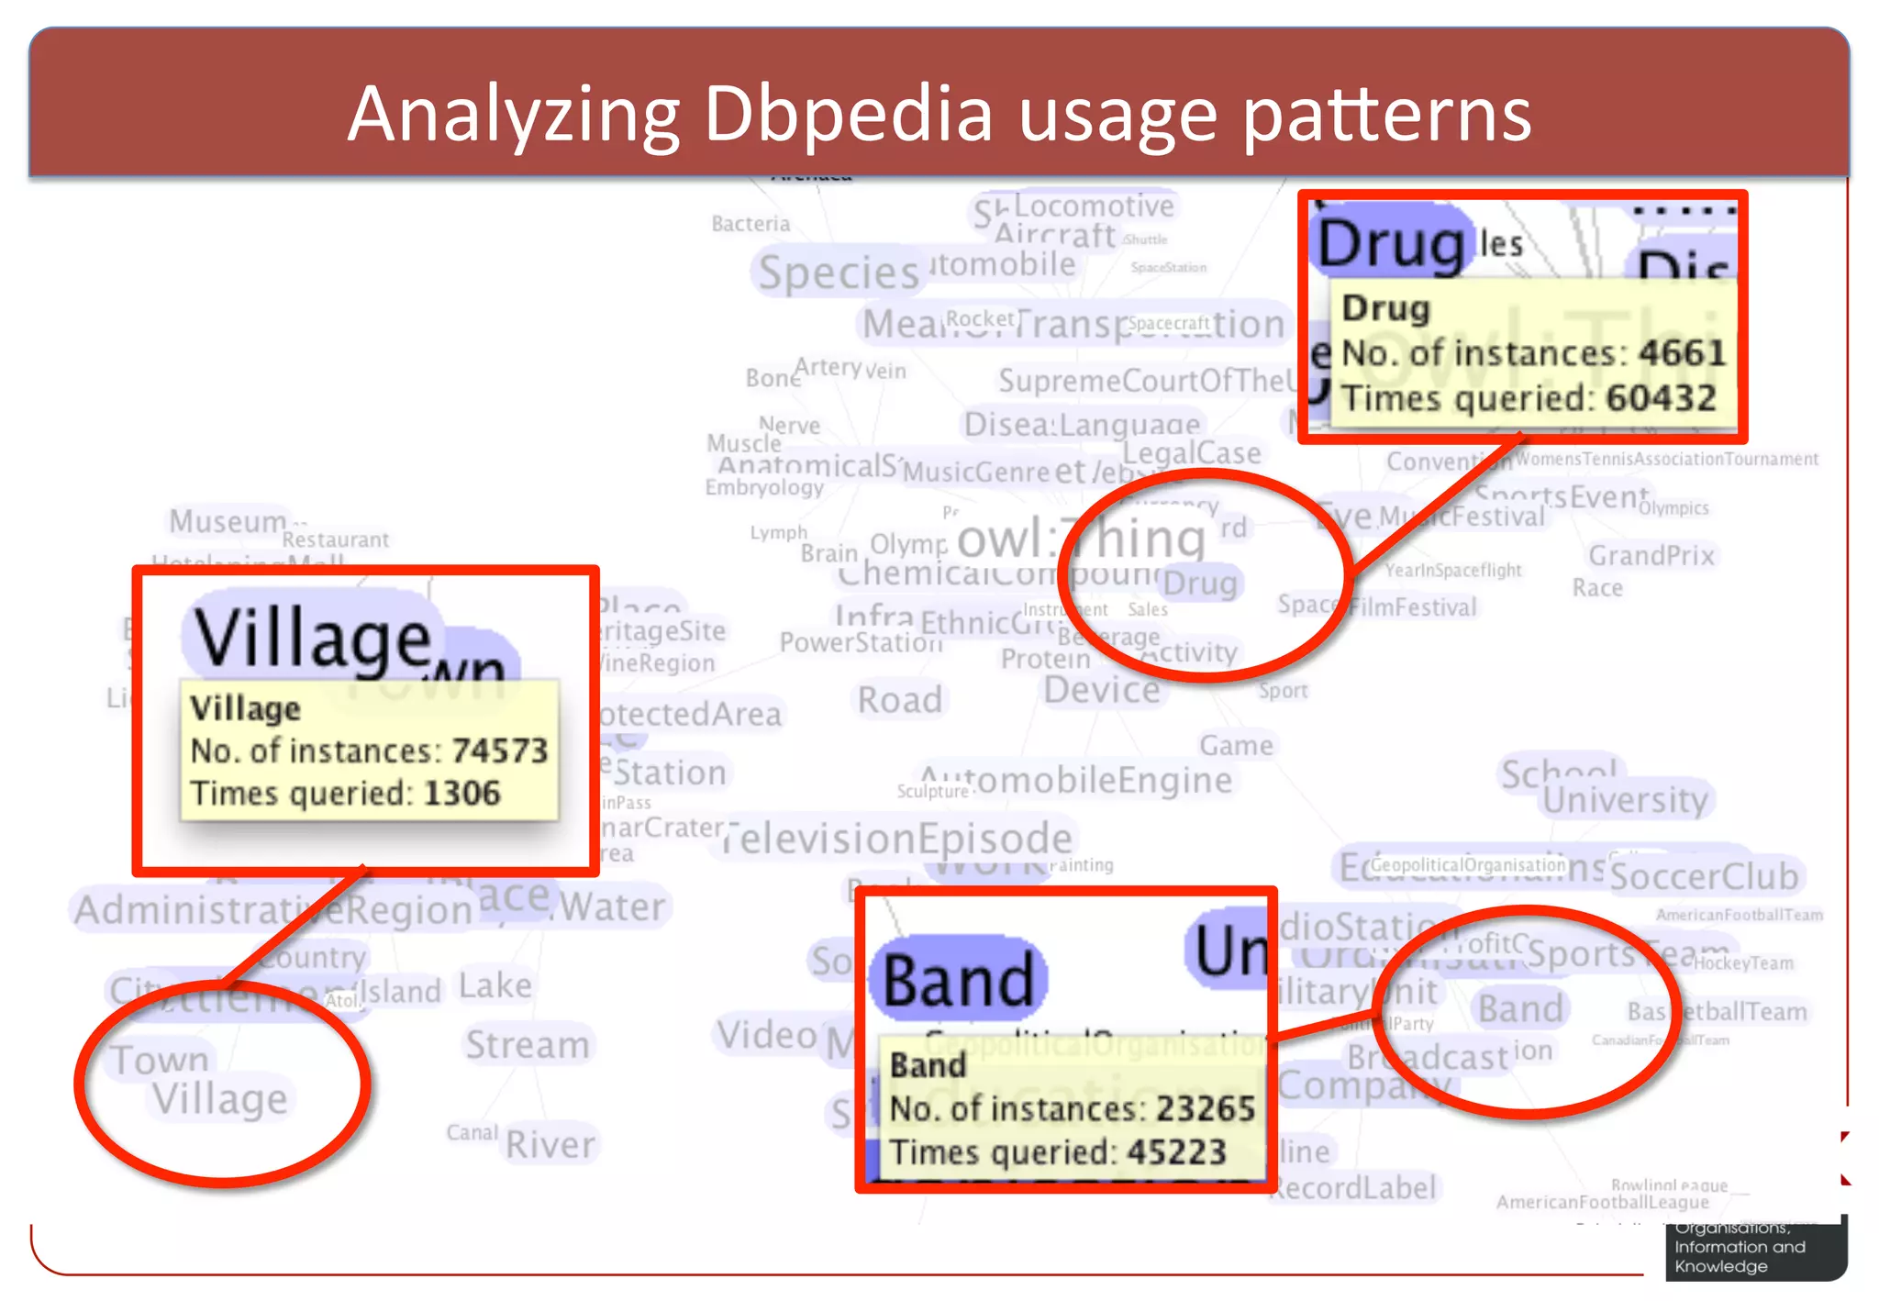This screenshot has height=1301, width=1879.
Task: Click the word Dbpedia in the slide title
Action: pyautogui.click(x=849, y=115)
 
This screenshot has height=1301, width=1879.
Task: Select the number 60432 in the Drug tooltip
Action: pyautogui.click(x=1661, y=398)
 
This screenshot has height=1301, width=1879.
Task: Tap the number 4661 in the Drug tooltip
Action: pyautogui.click(x=1682, y=352)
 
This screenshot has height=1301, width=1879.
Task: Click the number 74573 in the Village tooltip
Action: pyautogui.click(x=499, y=751)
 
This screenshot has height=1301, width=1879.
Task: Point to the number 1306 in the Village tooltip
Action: pyautogui.click(x=461, y=793)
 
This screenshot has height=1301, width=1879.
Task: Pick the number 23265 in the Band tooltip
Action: pyautogui.click(x=1205, y=1108)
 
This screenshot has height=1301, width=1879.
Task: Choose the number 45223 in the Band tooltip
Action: pyautogui.click(x=1176, y=1151)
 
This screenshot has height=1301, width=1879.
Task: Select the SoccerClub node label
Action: pyautogui.click(x=1705, y=876)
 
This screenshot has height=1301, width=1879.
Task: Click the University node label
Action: pyautogui.click(x=1625, y=800)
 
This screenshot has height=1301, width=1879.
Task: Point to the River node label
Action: pyautogui.click(x=550, y=1144)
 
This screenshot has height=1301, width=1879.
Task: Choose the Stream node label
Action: pyautogui.click(x=528, y=1045)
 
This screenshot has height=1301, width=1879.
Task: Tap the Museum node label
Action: pyautogui.click(x=228, y=521)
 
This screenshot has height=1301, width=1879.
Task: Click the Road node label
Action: pyautogui.click(x=900, y=700)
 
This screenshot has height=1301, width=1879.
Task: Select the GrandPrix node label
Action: pyautogui.click(x=1651, y=555)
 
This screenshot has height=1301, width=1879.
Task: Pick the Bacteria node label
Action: pyautogui.click(x=750, y=224)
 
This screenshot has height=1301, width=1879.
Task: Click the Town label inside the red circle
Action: pyautogui.click(x=161, y=1060)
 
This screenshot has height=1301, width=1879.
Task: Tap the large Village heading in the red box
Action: pyautogui.click(x=312, y=638)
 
